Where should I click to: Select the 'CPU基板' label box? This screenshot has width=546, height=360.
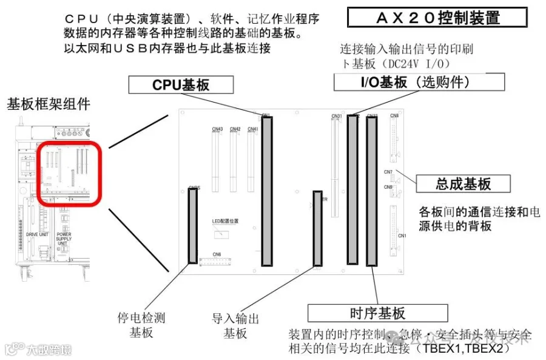(181, 84)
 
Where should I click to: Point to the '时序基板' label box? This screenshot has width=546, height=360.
(377, 313)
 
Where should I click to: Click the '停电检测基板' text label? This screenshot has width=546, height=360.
(141, 325)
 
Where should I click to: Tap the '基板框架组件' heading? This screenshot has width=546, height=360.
(49, 104)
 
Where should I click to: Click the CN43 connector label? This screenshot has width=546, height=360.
(217, 129)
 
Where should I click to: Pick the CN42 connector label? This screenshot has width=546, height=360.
(235, 129)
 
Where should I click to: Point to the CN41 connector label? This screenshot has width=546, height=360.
(253, 129)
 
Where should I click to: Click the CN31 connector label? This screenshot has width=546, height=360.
(337, 116)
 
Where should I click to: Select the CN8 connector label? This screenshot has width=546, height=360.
(394, 115)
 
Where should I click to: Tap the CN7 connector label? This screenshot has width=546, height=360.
(388, 172)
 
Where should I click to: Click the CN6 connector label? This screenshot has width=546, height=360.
(217, 254)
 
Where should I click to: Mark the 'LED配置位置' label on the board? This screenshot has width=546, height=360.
(225, 222)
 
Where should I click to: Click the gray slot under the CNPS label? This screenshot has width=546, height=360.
(193, 226)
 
